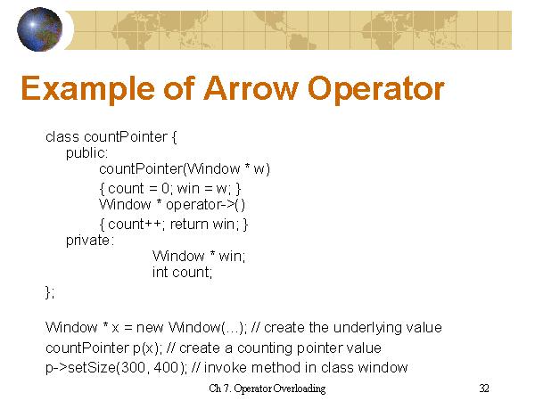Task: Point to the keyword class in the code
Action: [x=62, y=137]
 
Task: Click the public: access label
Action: [x=86, y=152]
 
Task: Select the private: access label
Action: [x=89, y=240]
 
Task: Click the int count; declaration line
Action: [x=183, y=273]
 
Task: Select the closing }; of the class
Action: [x=50, y=291]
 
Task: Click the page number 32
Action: [x=484, y=389]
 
